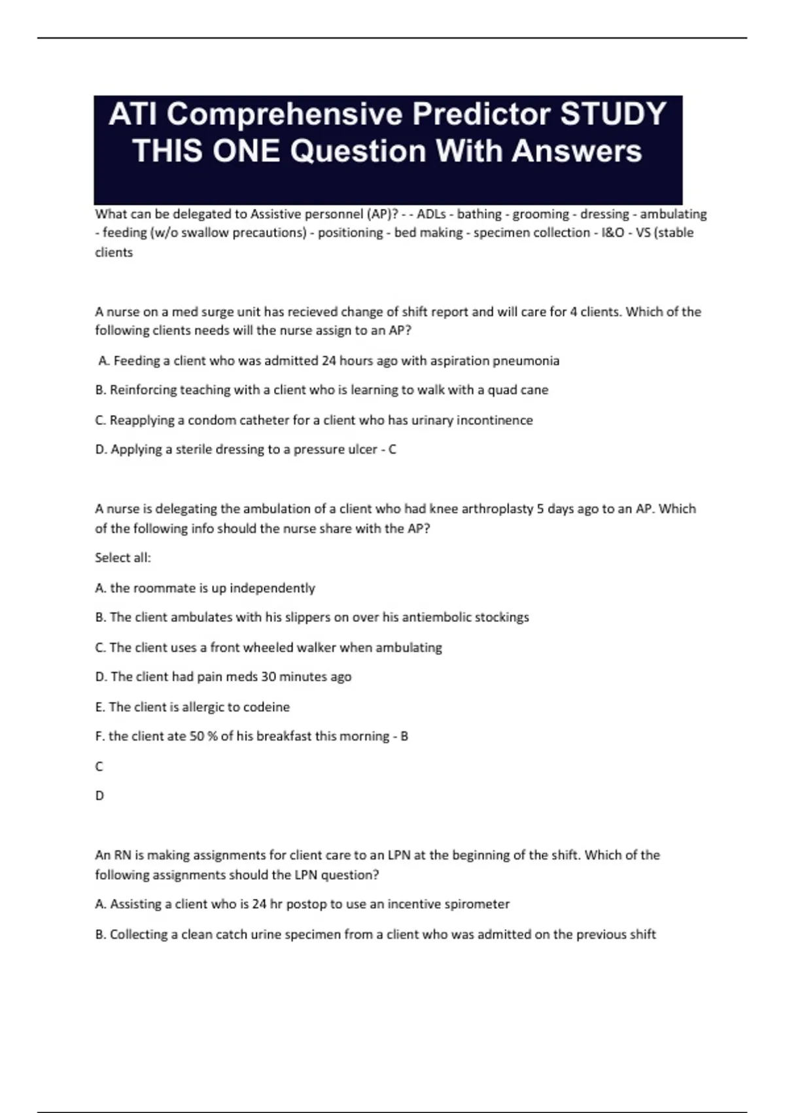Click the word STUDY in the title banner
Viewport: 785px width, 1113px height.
click(614, 114)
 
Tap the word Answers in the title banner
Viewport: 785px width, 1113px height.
click(576, 151)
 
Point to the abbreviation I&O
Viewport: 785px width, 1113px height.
click(613, 233)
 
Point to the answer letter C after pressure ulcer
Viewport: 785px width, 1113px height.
click(392, 450)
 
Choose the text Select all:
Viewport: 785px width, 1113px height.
click(123, 558)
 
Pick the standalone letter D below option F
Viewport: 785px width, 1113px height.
click(99, 796)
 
